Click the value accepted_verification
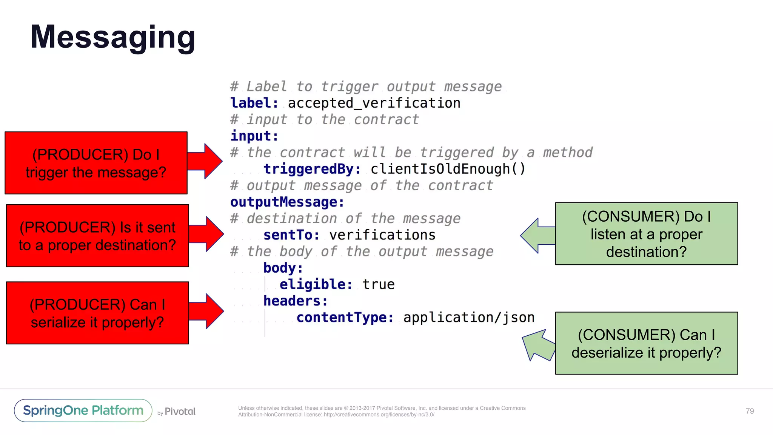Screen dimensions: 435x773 374,103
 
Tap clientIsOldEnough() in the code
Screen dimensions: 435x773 448,169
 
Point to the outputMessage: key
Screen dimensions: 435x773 287,202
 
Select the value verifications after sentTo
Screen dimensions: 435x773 382,235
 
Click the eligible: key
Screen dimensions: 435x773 316,284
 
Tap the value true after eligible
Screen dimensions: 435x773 378,284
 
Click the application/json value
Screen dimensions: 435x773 469,318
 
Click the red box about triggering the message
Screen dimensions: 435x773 96,163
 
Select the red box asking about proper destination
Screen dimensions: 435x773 97,236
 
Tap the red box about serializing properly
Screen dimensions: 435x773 97,313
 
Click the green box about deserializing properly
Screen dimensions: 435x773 646,343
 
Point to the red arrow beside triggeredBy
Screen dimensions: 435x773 206,161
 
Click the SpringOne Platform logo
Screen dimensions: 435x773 83,410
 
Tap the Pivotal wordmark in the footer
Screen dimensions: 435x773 180,411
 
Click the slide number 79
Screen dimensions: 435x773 750,411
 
